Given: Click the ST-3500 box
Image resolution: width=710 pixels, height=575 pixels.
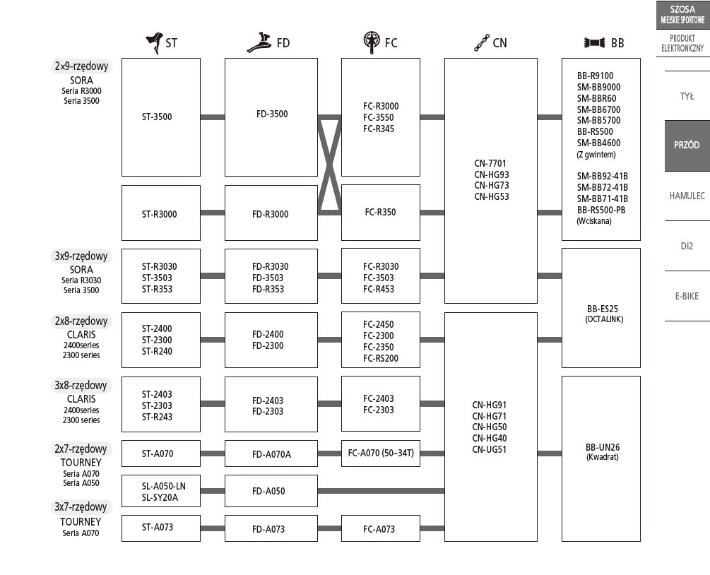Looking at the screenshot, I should pyautogui.click(x=160, y=117).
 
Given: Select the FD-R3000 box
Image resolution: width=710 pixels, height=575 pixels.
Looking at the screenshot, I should pyautogui.click(x=271, y=213).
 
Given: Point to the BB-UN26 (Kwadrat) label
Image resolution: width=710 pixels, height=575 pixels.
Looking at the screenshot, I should pyautogui.click(x=602, y=451).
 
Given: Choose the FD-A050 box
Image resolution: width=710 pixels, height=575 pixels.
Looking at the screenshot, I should pyautogui.click(x=271, y=491).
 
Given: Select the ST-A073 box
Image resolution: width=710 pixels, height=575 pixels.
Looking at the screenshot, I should pyautogui.click(x=160, y=528).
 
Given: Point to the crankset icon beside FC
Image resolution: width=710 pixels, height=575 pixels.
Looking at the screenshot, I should pyautogui.click(x=372, y=42).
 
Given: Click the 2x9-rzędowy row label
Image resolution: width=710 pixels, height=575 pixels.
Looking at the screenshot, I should pyautogui.click(x=82, y=66).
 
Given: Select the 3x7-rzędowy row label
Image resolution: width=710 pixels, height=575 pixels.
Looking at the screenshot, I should pyautogui.click(x=81, y=507).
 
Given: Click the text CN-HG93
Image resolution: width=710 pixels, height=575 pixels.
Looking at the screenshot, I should pyautogui.click(x=491, y=174).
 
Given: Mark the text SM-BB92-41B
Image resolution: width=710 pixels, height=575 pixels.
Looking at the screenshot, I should pyautogui.click(x=602, y=176).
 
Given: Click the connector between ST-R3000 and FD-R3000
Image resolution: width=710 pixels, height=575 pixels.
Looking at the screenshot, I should pyautogui.click(x=212, y=213).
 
